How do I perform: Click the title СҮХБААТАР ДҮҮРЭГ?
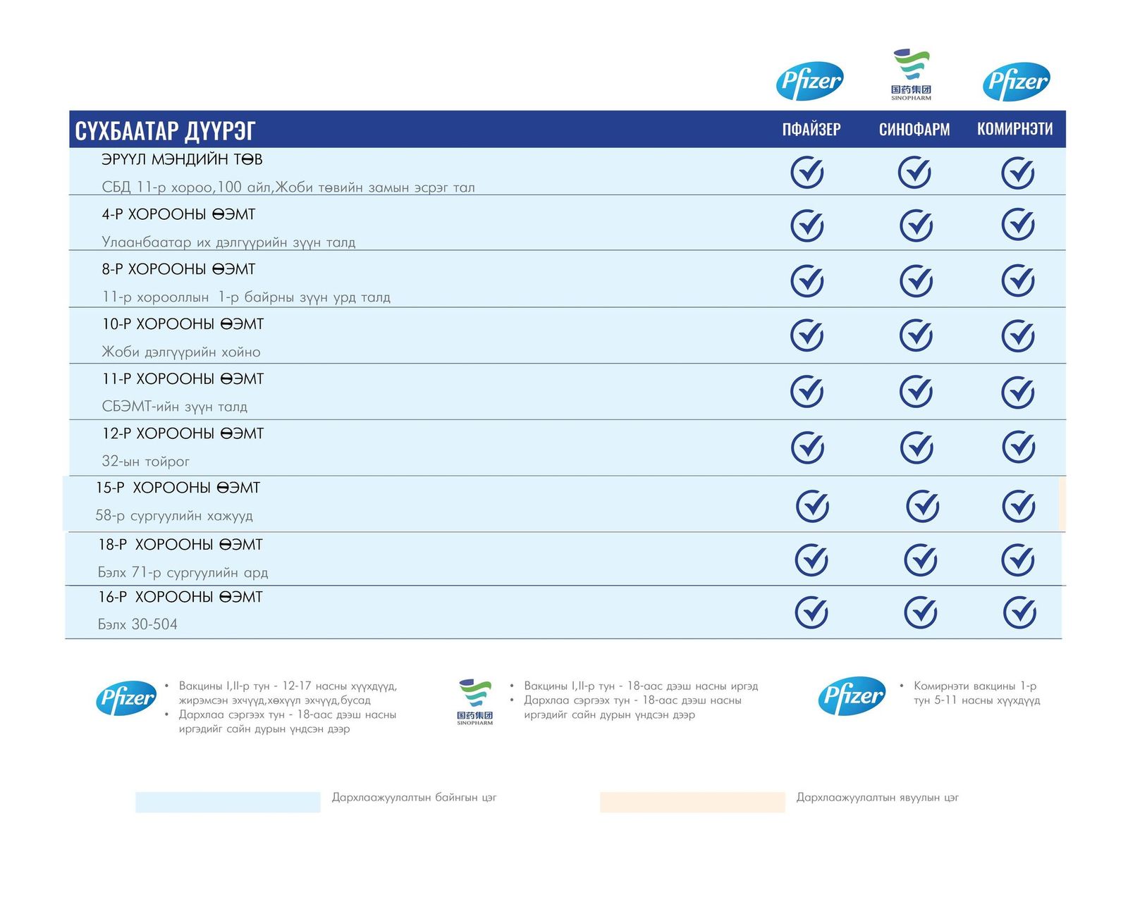165,130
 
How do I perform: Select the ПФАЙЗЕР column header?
811,130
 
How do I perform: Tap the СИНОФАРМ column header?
914,130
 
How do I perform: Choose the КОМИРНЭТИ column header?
1014,129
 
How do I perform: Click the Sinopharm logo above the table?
911,74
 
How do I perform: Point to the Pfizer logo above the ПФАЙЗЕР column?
810,81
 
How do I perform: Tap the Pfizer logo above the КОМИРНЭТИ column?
1016,81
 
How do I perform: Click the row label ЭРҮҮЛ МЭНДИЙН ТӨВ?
182,160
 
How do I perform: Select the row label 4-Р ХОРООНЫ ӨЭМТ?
178,214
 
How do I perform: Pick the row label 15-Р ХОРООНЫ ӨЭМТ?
178,488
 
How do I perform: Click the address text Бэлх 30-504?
137,624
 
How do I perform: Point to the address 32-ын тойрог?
146,462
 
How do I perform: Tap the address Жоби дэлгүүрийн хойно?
181,352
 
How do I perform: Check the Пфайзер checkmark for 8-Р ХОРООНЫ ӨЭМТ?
807,280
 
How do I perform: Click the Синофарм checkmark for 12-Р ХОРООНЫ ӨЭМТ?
916,447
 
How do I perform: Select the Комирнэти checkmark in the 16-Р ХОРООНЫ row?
1019,612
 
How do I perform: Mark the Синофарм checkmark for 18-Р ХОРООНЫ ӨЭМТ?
921,560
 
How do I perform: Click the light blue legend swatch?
228,802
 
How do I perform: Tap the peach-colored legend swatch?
692,802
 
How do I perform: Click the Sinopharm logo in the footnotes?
475,702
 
